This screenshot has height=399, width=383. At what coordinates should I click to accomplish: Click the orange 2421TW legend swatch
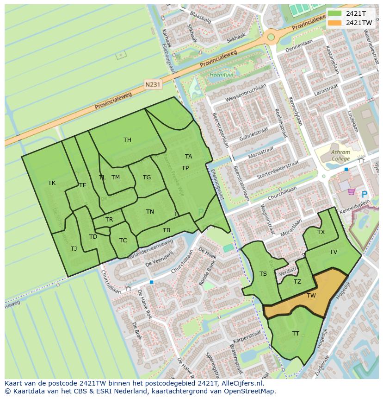pyautogui.click(x=335, y=23)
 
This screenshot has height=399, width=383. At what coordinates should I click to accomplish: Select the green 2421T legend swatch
pyautogui.click(x=335, y=13)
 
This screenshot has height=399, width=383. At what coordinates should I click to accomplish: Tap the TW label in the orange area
pyautogui.click(x=311, y=295)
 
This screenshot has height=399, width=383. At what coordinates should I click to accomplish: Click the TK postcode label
pyautogui.click(x=52, y=183)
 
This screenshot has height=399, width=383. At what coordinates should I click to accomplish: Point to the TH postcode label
pyautogui.click(x=127, y=140)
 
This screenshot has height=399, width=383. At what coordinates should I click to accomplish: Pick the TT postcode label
pyautogui.click(x=296, y=333)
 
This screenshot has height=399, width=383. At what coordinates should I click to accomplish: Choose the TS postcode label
pyautogui.click(x=263, y=274)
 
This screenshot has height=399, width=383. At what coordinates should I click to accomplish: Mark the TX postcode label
pyautogui.click(x=321, y=232)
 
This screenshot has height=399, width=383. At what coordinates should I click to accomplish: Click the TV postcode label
pyautogui.click(x=334, y=252)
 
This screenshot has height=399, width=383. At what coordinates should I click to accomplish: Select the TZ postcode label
pyautogui.click(x=297, y=282)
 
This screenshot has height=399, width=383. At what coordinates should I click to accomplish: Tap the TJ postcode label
pyautogui.click(x=74, y=249)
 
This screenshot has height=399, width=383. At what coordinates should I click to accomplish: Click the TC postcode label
pyautogui.click(x=123, y=241)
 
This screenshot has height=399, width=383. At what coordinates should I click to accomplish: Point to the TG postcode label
pyautogui.click(x=147, y=177)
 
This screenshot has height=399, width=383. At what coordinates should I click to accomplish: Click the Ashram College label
pyautogui.click(x=340, y=155)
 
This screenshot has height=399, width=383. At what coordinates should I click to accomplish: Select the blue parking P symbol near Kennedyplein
pyautogui.click(x=364, y=195)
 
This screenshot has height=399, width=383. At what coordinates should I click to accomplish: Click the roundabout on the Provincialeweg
pyautogui.click(x=271, y=37)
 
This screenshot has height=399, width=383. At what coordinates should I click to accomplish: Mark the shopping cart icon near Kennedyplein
pyautogui.click(x=351, y=191)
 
